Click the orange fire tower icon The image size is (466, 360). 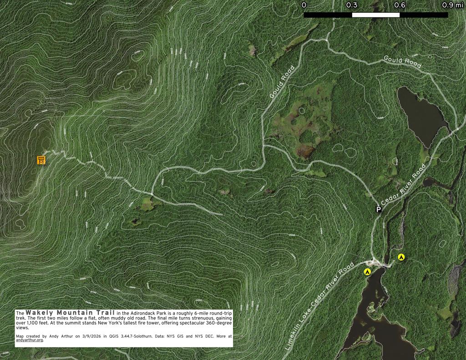(41, 160)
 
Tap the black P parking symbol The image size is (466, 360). (378, 209)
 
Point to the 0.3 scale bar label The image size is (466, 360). (352, 5)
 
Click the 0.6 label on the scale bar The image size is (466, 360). (400, 5)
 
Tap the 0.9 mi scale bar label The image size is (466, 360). (453, 5)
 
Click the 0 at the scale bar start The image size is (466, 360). (304, 5)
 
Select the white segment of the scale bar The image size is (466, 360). (376, 15)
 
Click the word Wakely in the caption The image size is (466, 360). (41, 313)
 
